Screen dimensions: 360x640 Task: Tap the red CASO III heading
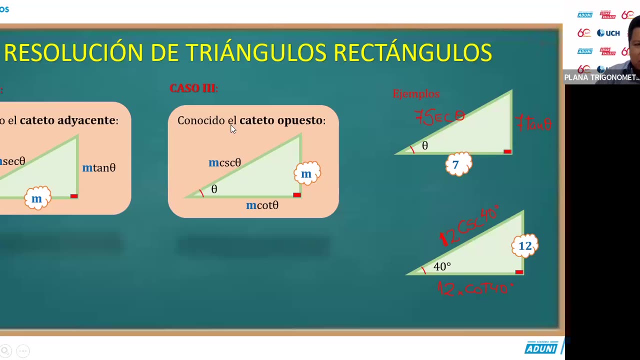[193, 88]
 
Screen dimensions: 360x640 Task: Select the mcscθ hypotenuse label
[225, 163]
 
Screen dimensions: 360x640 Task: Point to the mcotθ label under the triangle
[262, 205]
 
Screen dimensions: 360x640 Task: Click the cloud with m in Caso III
[306, 174]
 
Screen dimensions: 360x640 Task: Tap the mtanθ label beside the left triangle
[99, 168]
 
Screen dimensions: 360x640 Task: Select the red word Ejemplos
[416, 94]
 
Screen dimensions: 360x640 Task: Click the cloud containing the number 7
[458, 164]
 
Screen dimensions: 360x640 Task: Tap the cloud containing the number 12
[524, 246]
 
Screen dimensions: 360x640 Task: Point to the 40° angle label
[442, 267]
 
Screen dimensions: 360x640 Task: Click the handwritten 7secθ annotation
[440, 118]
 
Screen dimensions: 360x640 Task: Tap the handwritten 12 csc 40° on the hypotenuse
[469, 227]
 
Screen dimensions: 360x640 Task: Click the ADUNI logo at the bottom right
[541, 347]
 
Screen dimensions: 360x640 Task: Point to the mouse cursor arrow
[233, 129]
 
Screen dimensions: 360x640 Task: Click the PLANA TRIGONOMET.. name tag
[601, 77]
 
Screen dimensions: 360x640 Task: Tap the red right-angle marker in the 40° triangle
[519, 272]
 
